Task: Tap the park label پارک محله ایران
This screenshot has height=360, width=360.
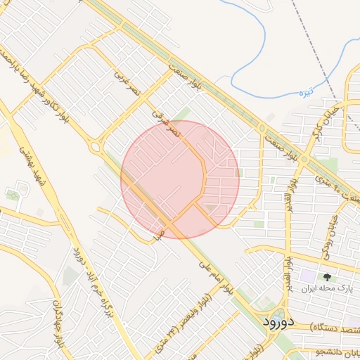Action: click(x=324, y=289)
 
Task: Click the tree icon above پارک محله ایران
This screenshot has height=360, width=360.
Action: click(x=326, y=277)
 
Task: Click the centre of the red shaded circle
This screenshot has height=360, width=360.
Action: click(x=180, y=179)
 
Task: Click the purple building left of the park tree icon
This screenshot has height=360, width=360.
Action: click(x=307, y=276)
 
